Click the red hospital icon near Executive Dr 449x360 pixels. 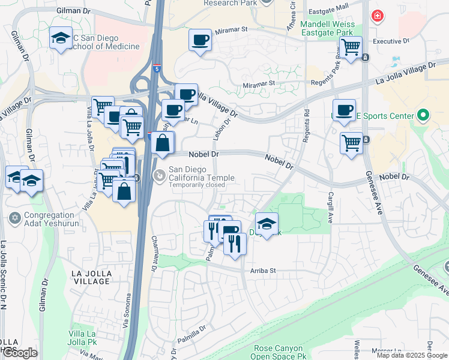click(377, 16)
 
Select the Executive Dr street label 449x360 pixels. click(391, 41)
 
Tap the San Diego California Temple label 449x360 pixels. click(201, 173)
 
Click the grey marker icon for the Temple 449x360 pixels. click(159, 176)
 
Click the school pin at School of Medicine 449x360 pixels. click(61, 39)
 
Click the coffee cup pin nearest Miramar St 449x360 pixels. click(200, 40)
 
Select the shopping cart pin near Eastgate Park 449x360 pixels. click(350, 46)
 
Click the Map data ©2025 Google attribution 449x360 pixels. click(411, 355)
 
